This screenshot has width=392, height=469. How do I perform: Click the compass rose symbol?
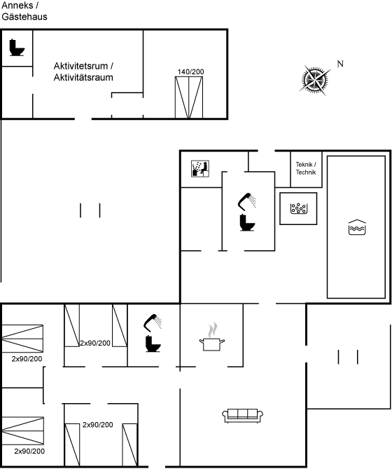coord(315,80)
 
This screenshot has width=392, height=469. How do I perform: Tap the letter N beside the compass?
coord(340,64)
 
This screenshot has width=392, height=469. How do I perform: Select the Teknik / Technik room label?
coord(306,168)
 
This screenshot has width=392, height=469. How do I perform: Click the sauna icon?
coord(200,169)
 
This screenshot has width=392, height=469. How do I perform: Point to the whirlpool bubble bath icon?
coord(299,208)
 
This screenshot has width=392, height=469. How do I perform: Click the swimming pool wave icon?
coord(357,227)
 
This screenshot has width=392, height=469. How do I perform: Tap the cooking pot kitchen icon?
coord(212,337)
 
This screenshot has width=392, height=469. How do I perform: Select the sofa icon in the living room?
coord(242,416)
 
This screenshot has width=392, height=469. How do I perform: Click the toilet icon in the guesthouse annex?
coord(17,48)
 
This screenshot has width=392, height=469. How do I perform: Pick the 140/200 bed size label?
coord(191,72)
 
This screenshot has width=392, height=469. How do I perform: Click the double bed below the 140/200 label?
coord(189,97)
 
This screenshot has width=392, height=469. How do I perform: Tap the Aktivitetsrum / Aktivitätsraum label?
coord(83,72)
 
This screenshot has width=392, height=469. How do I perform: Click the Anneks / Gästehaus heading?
coord(24,11)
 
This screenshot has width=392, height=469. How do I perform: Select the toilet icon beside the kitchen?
coord(153,344)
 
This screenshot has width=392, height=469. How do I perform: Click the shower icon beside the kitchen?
coord(153,322)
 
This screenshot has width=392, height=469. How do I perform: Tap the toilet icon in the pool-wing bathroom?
coord(247,223)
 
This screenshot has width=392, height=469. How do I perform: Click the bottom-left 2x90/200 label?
coord(29,451)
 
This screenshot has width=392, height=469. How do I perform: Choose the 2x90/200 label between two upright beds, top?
coord(95,343)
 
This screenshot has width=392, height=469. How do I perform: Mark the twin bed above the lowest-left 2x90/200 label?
coord(22,430)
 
